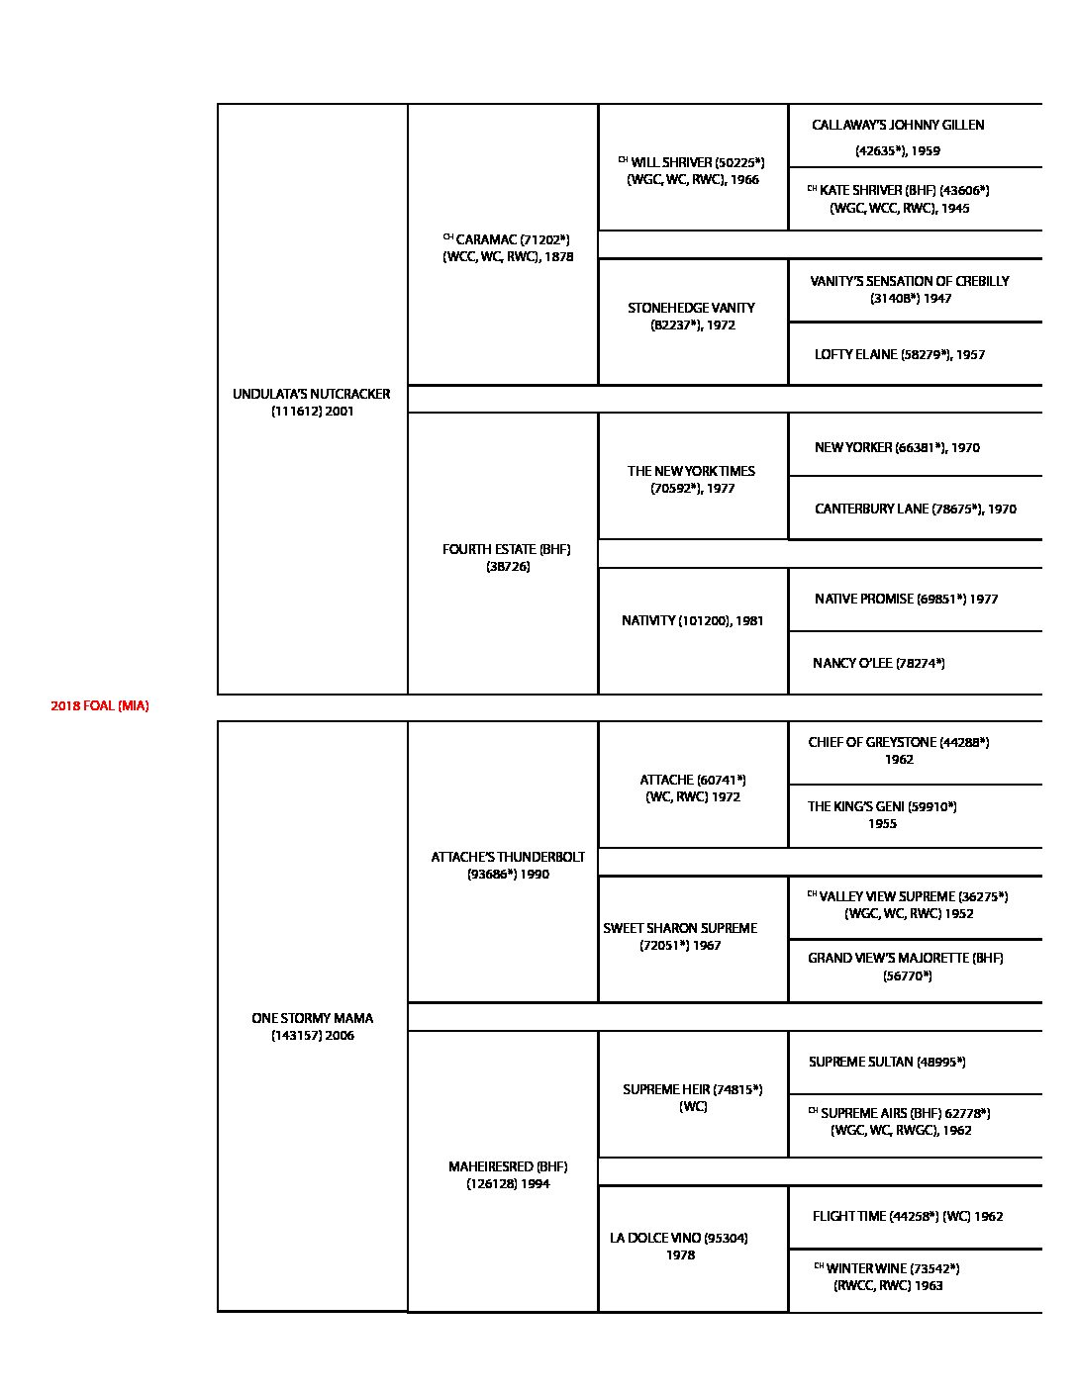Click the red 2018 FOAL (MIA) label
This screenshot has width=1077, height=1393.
coord(100,706)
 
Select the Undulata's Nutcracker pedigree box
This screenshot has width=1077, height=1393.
coord(312,402)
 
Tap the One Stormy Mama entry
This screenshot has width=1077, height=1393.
coord(312,1026)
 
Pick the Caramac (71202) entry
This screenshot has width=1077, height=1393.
coord(507,247)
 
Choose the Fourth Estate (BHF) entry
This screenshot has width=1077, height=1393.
coord(507,557)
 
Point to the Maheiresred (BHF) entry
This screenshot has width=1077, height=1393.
coord(508,1174)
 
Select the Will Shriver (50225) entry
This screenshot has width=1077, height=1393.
coord(692,170)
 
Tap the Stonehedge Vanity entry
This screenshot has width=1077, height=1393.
coord(692,316)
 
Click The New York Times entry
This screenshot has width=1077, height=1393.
coord(692,479)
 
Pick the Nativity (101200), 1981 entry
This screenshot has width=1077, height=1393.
coord(692,620)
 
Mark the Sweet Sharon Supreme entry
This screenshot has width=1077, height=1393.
coord(680,936)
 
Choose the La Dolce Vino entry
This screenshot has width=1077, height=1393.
coord(679,1246)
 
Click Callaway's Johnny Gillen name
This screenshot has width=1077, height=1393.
coord(898,126)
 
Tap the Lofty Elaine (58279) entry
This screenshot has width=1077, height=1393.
coord(900,354)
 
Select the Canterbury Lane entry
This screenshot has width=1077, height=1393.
coord(915,509)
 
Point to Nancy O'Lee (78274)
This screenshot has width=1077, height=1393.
coord(878,663)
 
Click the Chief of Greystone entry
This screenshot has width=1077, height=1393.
coord(898,742)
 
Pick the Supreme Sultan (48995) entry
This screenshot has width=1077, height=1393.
coord(887,1062)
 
